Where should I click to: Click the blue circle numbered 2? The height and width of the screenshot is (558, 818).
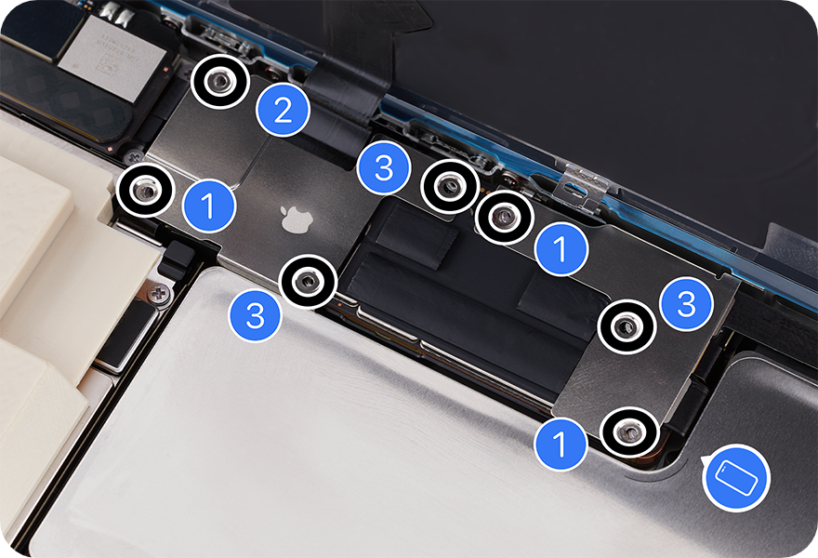pyautogui.click(x=284, y=110)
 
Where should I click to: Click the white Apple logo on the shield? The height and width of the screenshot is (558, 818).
pyautogui.click(x=297, y=219)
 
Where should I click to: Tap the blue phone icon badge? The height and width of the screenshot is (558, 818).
pyautogui.click(x=736, y=478)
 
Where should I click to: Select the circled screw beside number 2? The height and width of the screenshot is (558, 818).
pyautogui.click(x=219, y=82)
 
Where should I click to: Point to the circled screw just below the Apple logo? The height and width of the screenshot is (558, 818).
pyautogui.click(x=309, y=283)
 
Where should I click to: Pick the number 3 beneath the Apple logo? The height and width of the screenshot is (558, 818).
pyautogui.click(x=255, y=314)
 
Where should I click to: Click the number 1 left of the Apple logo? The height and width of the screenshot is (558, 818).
pyautogui.click(x=208, y=206)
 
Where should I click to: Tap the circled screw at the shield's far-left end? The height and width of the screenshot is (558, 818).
pyautogui.click(x=146, y=190)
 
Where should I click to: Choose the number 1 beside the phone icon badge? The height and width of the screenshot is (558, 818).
pyautogui.click(x=561, y=444)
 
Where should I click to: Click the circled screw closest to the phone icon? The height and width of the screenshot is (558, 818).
pyautogui.click(x=629, y=432)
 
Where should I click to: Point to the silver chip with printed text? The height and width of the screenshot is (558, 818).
pyautogui.click(x=112, y=58)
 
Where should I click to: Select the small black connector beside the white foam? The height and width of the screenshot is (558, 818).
pyautogui.click(x=177, y=259)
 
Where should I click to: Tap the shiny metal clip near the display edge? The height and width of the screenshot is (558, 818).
pyautogui.click(x=585, y=185)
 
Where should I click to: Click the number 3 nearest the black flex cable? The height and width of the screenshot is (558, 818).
pyautogui.click(x=383, y=168)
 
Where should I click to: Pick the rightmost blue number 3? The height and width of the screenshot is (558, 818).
pyautogui.click(x=686, y=303)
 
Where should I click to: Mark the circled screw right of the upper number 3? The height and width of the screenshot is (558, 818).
pyautogui.click(x=450, y=187)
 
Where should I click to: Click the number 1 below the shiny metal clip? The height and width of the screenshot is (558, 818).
pyautogui.click(x=561, y=248)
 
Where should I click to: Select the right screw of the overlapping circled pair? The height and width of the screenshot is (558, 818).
pyautogui.click(x=505, y=217)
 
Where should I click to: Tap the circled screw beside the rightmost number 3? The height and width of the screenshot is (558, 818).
pyautogui.click(x=626, y=327)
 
